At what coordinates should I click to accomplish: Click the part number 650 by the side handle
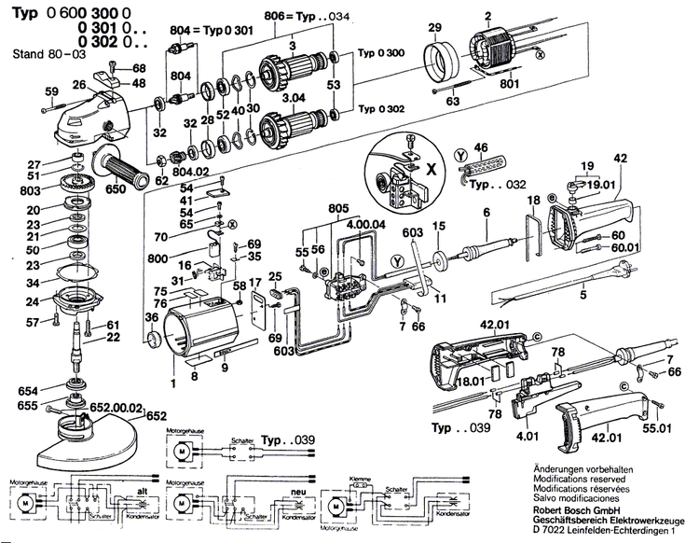click(115, 188)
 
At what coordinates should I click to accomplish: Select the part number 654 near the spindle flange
click(29, 390)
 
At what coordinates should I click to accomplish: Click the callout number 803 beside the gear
click(32, 191)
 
